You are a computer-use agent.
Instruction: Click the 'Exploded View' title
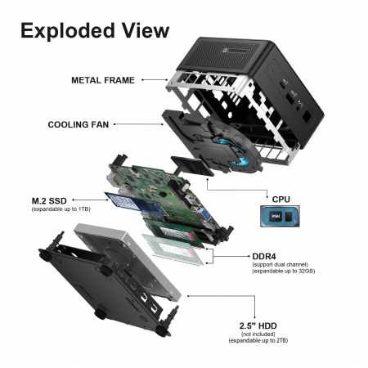tap(95, 30)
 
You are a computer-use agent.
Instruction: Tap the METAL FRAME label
tap(103, 80)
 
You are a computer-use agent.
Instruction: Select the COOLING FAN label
tap(79, 124)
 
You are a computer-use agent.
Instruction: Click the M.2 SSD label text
tap(49, 201)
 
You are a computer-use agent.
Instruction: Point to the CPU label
tap(281, 200)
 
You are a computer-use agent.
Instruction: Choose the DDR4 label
tap(264, 257)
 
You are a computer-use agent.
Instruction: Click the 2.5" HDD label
tap(258, 325)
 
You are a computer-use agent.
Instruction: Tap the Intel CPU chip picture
tap(280, 216)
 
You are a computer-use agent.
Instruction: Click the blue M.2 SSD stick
tap(137, 204)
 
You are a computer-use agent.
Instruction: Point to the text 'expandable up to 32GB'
tap(284, 272)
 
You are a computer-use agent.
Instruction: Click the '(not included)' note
tap(258, 334)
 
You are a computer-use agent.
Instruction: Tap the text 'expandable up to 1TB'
tap(61, 209)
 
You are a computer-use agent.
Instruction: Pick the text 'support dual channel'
tap(280, 264)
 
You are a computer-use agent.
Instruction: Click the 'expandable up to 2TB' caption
tap(258, 340)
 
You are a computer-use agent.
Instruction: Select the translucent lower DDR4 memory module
tap(173, 249)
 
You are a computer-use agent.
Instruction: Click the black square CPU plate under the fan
tap(192, 166)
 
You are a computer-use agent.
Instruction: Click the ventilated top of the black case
tap(223, 55)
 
